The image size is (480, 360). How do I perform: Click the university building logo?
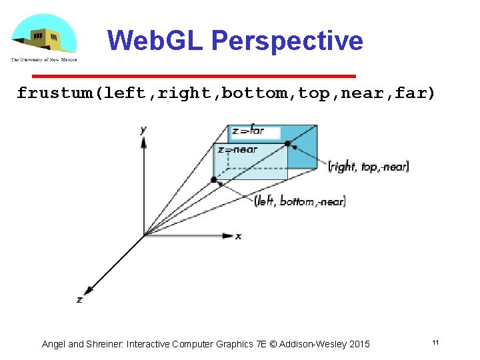coord(43,36)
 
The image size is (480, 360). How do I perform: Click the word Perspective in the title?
coord(287,41)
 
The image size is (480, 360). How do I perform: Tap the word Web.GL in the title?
coord(156,41)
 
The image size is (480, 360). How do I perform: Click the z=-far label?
coord(249,131)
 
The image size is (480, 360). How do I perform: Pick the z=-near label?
coord(237,149)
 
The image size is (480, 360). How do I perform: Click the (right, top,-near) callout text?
coord(368,167)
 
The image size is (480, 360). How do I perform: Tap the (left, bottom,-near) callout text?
coord(300,201)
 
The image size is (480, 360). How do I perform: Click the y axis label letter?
coord(143,129)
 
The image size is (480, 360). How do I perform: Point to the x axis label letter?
coord(238,236)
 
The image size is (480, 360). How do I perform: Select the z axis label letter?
coord(79,300)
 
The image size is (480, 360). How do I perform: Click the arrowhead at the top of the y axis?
coord(144,141)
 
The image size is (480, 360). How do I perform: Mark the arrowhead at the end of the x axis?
coord(228,235)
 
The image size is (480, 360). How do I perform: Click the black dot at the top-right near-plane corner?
coord(287,143)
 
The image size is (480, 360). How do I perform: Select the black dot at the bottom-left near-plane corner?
coord(214,179)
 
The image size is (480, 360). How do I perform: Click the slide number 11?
coord(435,343)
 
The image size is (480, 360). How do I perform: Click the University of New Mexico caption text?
coord(43,59)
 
